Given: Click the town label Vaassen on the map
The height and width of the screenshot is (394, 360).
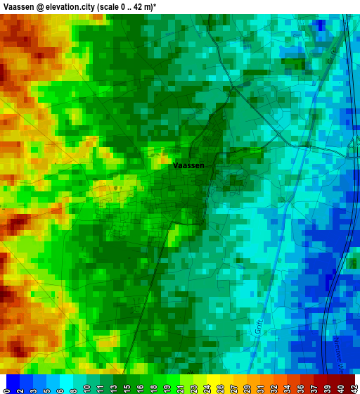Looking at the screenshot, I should pyautogui.click(x=188, y=165).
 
